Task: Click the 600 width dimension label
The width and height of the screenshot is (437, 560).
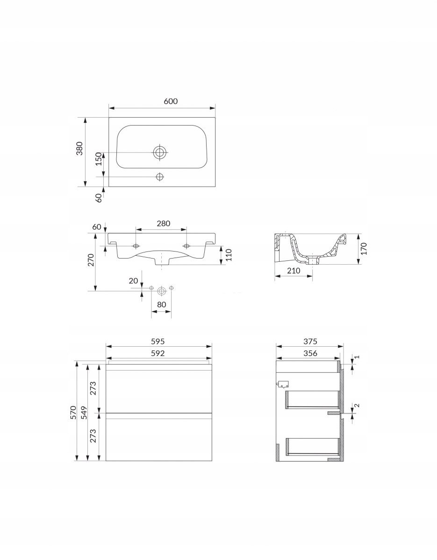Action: [171, 101]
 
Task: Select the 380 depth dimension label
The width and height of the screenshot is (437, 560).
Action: [80, 148]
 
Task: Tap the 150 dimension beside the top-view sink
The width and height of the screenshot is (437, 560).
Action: [99, 159]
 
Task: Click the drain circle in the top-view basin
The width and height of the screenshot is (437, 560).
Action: [160, 152]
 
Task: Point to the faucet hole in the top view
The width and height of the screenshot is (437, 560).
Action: [160, 177]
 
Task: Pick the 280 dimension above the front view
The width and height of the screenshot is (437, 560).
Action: [164, 224]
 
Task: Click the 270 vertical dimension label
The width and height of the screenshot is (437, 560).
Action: [90, 260]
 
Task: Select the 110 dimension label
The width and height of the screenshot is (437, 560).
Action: [229, 255]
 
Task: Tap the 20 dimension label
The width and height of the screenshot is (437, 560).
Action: [133, 280]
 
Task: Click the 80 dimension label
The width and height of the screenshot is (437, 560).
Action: [161, 304]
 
